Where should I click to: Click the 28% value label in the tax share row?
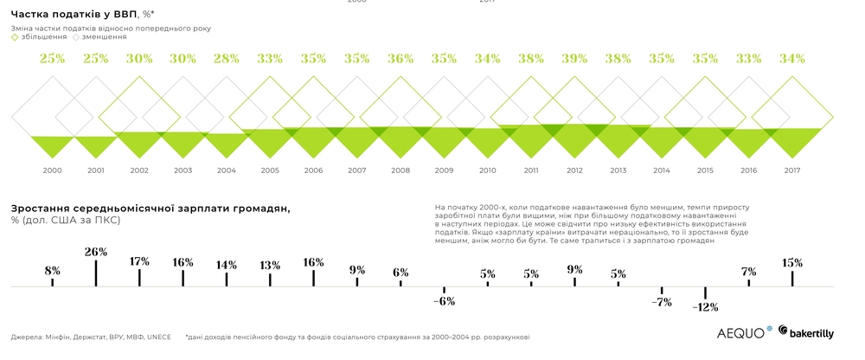coord(227,59)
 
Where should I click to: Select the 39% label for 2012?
coord(574,59)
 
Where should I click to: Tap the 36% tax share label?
coord(400,59)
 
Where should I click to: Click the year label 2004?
coord(227,170)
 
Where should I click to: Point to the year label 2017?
coord(791,170)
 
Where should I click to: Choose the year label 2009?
coord(444,170)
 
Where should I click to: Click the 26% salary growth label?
coord(96,252)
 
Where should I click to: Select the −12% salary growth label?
coord(705,307)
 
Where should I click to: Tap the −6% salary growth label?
coord(444,301)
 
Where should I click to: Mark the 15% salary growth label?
coord(792,263)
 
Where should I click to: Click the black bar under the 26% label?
coord(96,273)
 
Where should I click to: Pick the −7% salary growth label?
coord(662,302)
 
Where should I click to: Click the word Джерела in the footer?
coord(29,337)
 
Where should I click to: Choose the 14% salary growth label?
coord(227,265)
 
